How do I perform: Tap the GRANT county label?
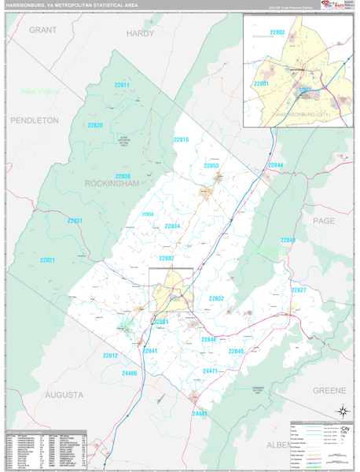coord(45,29)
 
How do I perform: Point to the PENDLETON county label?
coord(35,120)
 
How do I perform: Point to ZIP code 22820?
coord(95,125)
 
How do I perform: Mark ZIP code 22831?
coord(74,221)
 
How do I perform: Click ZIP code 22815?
coord(182,139)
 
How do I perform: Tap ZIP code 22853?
coord(211,166)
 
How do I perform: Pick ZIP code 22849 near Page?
coord(288,240)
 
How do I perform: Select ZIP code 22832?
coord(216,298)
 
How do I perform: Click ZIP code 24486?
coord(129,373)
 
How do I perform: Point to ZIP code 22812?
coord(110,356)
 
